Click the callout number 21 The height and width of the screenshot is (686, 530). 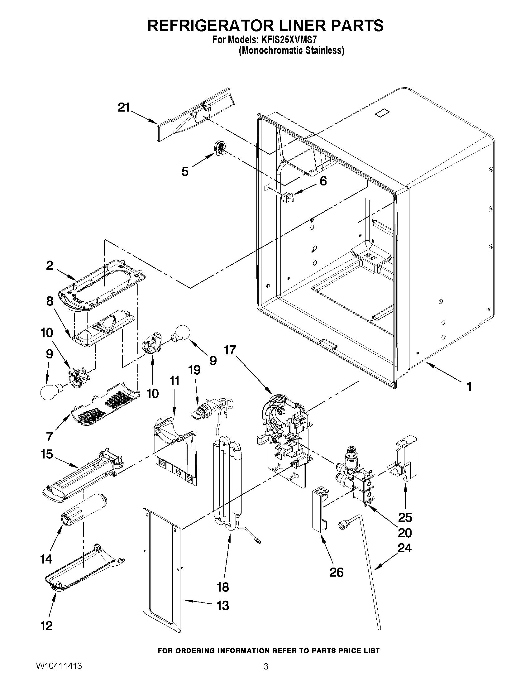click(124, 108)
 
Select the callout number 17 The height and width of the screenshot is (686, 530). click(230, 350)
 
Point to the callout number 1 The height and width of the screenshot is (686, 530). click(469, 387)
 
